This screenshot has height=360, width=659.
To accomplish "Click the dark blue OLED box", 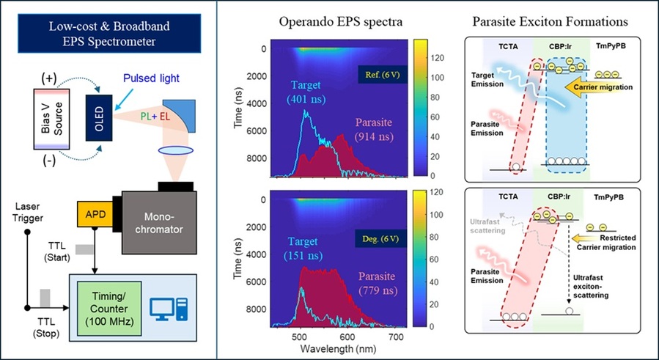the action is (x=99, y=118).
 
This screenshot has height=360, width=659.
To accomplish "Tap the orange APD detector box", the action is (x=95, y=214).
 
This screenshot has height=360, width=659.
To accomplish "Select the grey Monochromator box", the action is (x=159, y=222).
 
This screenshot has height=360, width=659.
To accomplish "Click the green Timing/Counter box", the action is (x=109, y=309).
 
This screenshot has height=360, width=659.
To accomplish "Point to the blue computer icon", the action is (x=169, y=309).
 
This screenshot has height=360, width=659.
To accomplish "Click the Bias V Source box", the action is (x=52, y=119).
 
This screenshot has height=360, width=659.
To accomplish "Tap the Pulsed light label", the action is (x=151, y=78).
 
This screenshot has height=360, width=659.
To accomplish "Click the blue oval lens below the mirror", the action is (x=176, y=150).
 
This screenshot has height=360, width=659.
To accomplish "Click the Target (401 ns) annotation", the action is (x=306, y=92).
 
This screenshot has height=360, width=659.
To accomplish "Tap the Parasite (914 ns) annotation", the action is (x=374, y=130).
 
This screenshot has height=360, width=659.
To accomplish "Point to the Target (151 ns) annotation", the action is (x=303, y=249).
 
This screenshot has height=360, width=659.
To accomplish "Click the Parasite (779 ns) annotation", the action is (x=377, y=283).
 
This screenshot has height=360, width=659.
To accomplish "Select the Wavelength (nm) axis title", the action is (x=339, y=349).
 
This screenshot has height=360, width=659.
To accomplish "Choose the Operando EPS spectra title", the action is (x=341, y=22).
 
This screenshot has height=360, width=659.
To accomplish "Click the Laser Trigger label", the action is (x=27, y=213).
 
